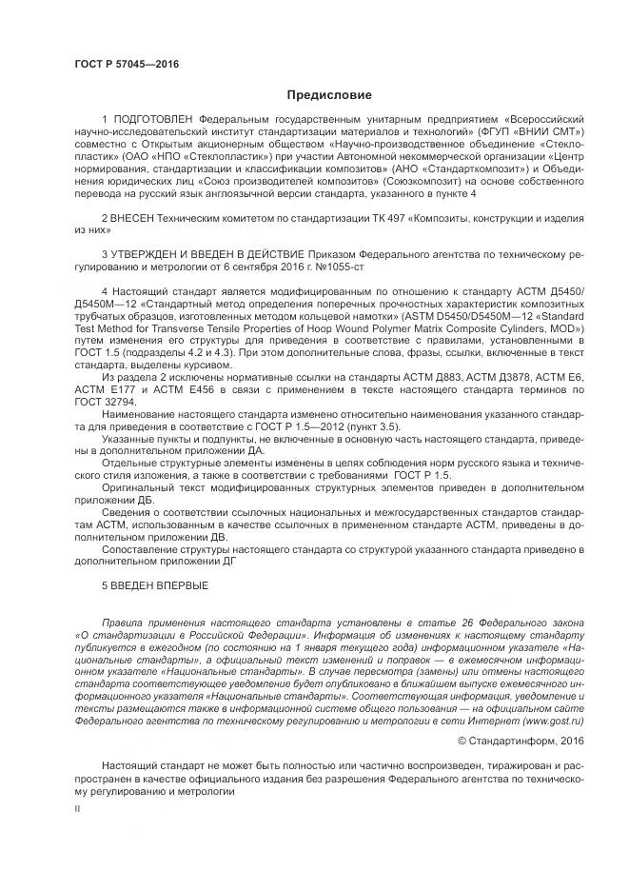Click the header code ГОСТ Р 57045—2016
(x=127, y=65)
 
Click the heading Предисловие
(x=328, y=95)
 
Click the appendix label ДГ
(x=225, y=561)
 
